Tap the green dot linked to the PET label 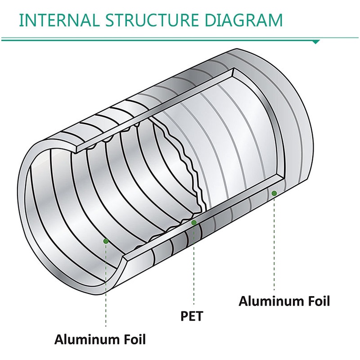(194, 222)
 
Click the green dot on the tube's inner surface (106, 241)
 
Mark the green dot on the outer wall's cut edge (274, 193)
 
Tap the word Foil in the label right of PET (318, 301)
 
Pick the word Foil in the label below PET (134, 339)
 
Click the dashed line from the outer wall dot (274, 243)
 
